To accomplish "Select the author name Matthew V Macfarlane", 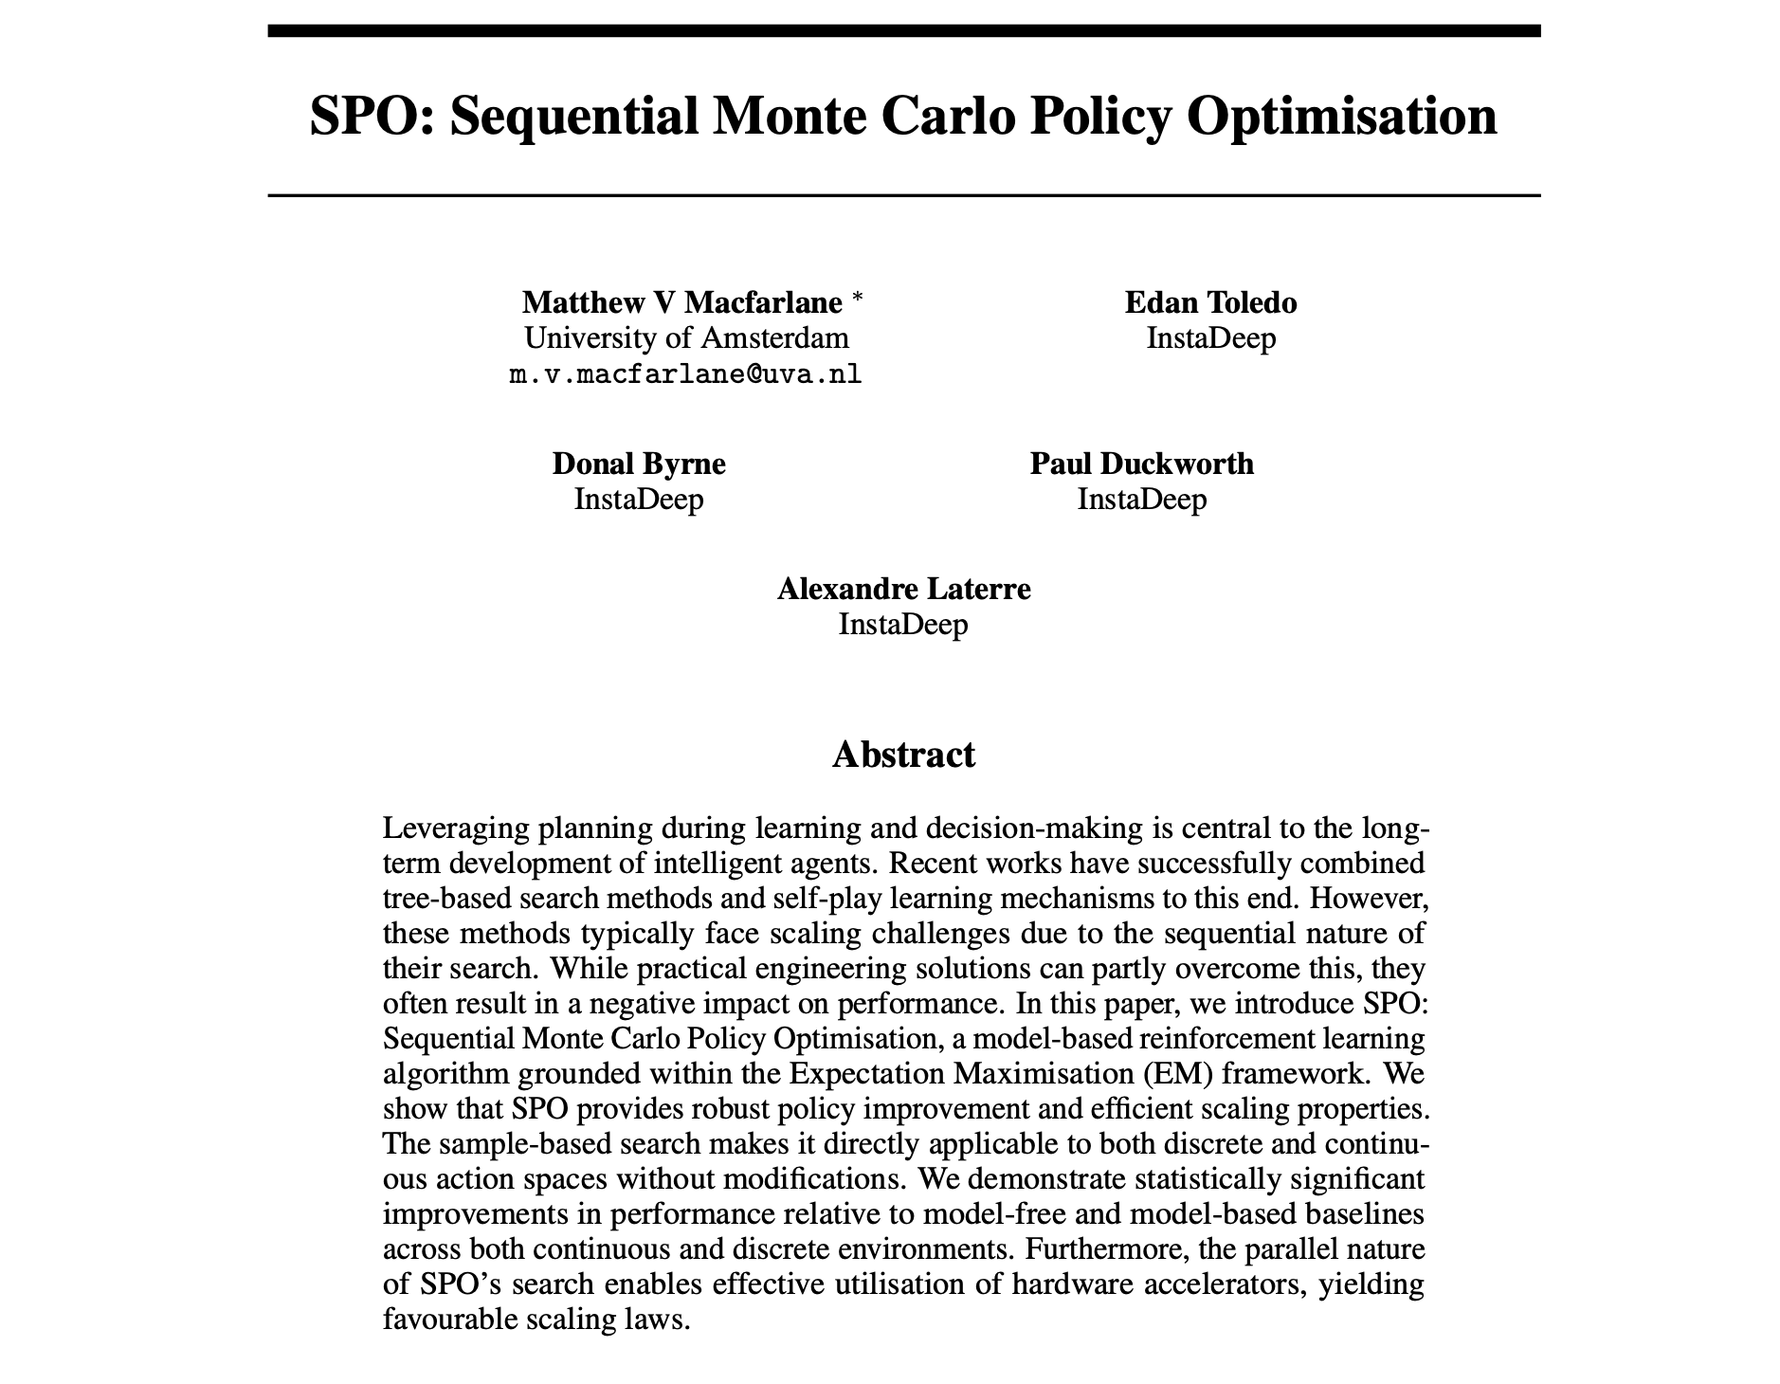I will click(x=681, y=302).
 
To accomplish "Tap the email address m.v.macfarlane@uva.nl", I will click(x=685, y=374).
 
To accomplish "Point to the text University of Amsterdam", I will click(x=686, y=337).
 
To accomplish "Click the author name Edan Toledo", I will click(x=1210, y=302).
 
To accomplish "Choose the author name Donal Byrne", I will click(x=639, y=464).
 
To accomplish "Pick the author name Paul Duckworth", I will click(x=1141, y=464).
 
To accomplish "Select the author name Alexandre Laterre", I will click(x=903, y=589).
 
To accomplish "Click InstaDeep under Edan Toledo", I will click(x=1210, y=337).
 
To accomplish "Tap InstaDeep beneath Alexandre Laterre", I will click(x=903, y=624).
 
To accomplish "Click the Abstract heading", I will click(x=903, y=755).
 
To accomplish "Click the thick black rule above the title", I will click(x=903, y=31).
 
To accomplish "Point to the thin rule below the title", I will click(x=903, y=195).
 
